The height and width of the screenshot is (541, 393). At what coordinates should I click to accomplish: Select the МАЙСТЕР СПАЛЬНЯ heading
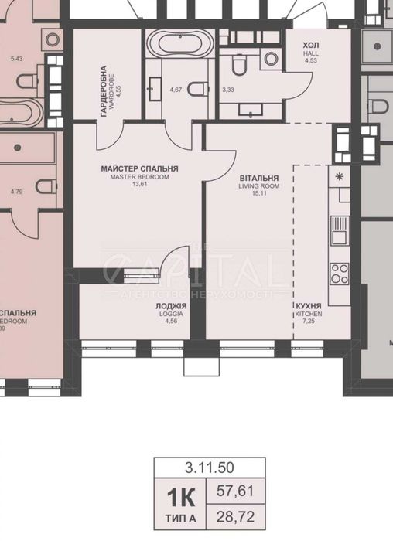139,168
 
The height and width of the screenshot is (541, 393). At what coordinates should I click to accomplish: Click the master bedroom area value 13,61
139,185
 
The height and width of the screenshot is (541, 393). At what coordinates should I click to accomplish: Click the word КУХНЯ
307,306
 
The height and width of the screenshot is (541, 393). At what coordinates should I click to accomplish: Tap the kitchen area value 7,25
307,323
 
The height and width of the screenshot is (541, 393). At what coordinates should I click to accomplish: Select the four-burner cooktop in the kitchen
339,272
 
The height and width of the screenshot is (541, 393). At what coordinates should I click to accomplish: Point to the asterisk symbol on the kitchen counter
339,175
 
